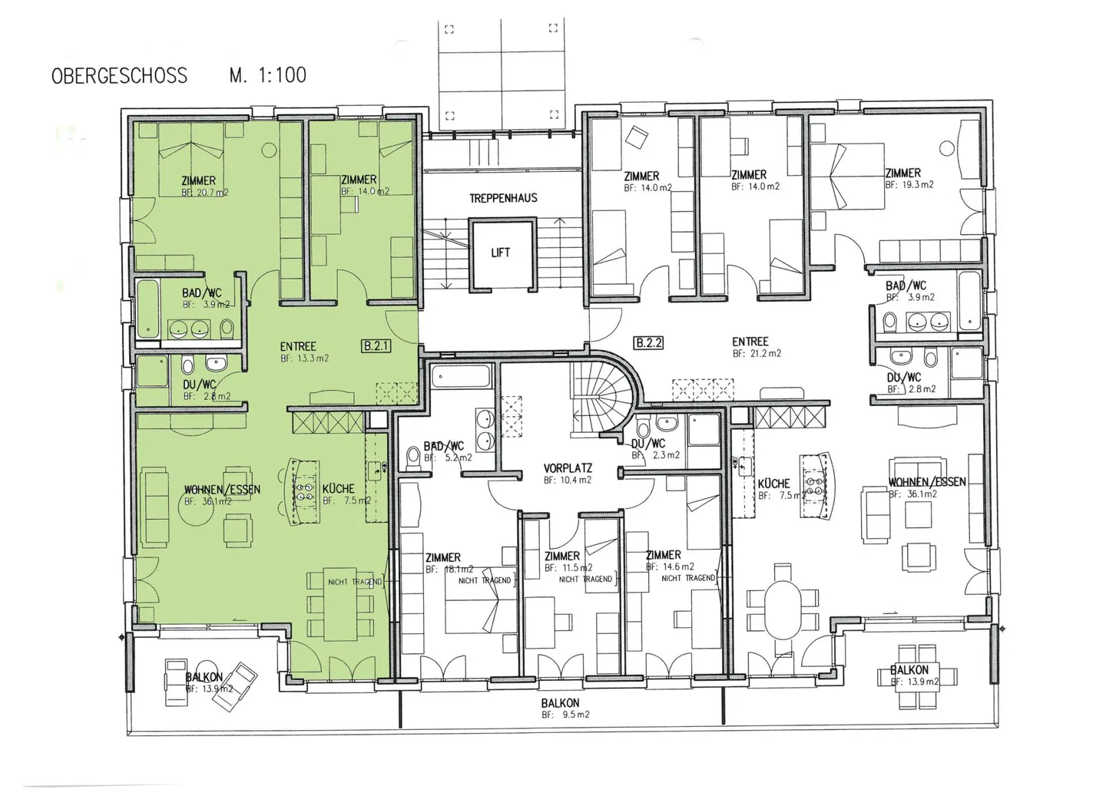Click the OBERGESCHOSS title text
(119, 75)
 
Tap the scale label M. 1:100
(267, 75)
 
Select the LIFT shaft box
(500, 253)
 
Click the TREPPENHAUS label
(503, 198)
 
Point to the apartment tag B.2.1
(376, 346)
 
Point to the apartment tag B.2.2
(648, 343)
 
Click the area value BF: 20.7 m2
(204, 193)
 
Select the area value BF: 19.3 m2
(909, 185)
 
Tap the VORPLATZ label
(568, 468)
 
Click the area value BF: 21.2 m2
(757, 354)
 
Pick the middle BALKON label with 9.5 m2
(560, 703)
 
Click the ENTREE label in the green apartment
(298, 346)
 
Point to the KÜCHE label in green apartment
(338, 488)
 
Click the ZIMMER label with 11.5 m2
(561, 556)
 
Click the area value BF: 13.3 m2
(304, 358)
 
